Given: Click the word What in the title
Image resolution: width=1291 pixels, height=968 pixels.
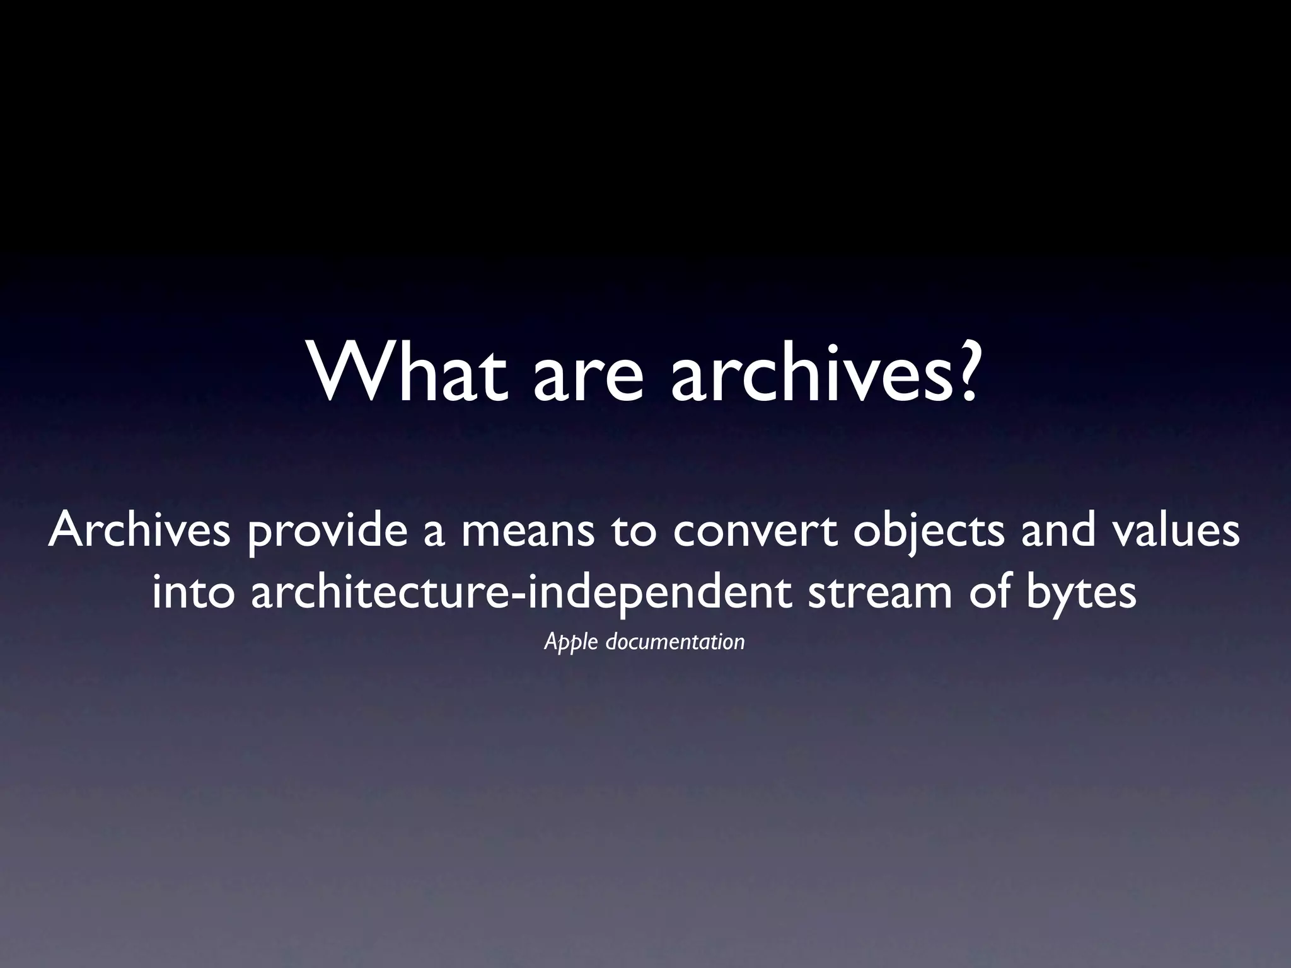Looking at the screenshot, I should coord(407,372).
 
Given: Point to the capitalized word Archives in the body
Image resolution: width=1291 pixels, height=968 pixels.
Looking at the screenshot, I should coord(139,530).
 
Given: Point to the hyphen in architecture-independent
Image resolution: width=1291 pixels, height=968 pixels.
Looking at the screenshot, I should coord(520,596).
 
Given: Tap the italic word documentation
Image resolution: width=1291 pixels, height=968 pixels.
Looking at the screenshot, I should coord(675,642).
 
